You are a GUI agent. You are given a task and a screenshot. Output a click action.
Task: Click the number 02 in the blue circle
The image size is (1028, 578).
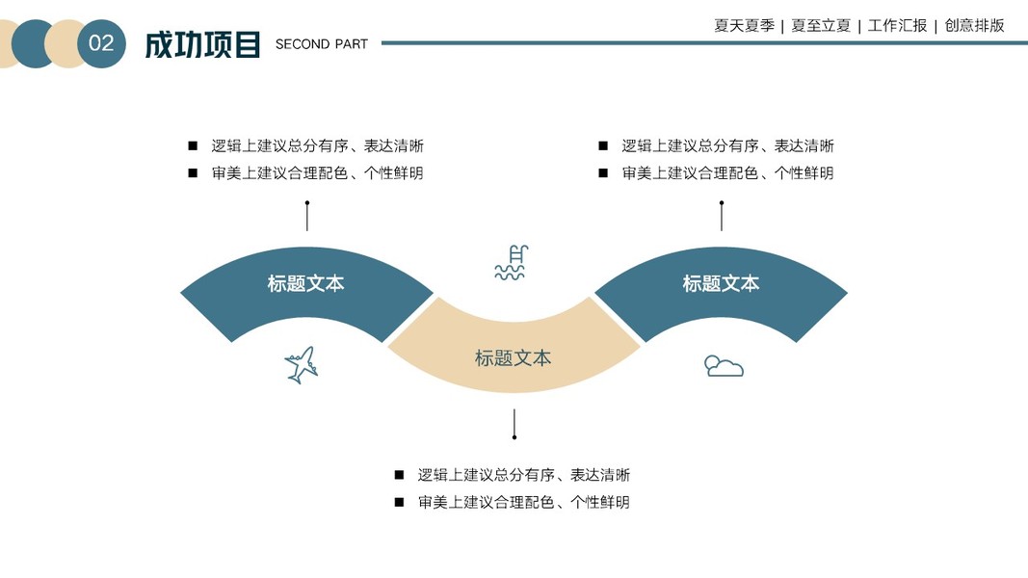[x=101, y=43]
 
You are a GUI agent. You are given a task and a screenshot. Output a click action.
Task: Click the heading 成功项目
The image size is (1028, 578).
[x=202, y=44]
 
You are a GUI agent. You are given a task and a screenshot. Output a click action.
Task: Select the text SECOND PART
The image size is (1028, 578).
[x=321, y=44]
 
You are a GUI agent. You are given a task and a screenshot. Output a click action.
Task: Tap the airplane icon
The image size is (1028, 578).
[x=302, y=364]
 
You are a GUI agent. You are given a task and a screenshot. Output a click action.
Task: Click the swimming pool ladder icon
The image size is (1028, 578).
[x=512, y=263]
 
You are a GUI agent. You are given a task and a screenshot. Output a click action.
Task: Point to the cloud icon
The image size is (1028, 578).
[x=724, y=366]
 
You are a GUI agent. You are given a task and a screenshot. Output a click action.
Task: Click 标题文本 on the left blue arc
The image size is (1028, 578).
[x=305, y=283]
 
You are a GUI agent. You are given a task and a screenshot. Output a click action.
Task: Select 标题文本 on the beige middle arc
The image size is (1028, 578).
[x=513, y=358]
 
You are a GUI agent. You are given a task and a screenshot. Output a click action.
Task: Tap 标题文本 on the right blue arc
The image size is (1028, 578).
[x=721, y=283]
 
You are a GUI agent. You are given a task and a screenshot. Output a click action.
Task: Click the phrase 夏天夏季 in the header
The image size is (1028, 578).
[x=744, y=26]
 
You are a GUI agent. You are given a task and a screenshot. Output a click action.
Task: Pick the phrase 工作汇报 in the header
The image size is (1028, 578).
[x=897, y=26]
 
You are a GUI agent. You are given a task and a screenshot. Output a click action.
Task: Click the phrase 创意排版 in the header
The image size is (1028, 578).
[x=974, y=26]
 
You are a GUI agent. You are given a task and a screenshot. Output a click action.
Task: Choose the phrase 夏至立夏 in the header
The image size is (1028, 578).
[x=821, y=26]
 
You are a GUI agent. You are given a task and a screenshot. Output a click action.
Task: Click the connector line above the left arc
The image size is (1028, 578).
[x=307, y=218]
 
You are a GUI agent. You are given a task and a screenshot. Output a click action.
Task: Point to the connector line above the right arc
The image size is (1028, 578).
[x=722, y=218]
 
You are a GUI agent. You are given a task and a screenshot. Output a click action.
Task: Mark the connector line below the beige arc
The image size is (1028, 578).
[x=514, y=422]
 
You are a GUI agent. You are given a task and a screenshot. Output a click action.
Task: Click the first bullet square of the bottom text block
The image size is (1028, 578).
[x=399, y=475]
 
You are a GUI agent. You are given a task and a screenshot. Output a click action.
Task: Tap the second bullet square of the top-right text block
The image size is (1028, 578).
[x=603, y=173]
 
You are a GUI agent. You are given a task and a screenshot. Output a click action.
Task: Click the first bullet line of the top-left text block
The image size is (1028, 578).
[x=317, y=146]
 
